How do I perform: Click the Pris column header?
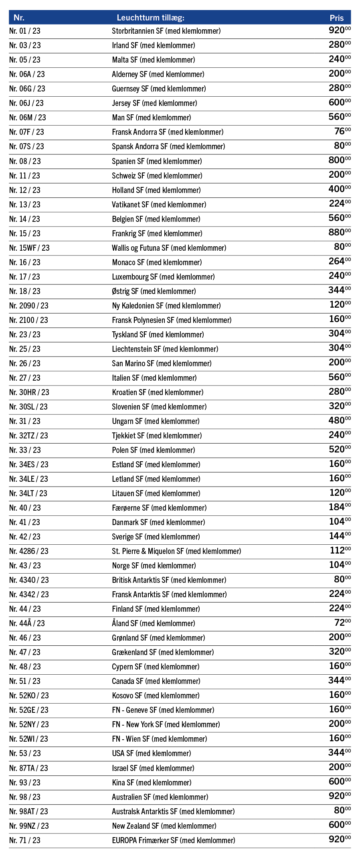(x=337, y=18)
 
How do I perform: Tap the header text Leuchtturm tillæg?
(x=150, y=18)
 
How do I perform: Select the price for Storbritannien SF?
(x=339, y=30)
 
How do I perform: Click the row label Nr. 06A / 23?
(x=27, y=74)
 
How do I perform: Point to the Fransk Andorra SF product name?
(x=168, y=132)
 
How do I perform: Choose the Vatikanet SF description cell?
(x=159, y=205)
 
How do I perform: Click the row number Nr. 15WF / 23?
(x=29, y=248)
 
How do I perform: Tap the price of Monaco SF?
(x=339, y=262)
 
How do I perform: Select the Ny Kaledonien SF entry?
(x=166, y=306)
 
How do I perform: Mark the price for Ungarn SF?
(x=339, y=421)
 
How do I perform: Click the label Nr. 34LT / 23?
(x=28, y=493)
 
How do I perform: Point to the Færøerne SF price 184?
(x=339, y=507)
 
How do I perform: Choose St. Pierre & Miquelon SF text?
(x=176, y=551)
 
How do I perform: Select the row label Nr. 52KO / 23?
(x=28, y=696)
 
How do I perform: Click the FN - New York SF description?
(x=166, y=724)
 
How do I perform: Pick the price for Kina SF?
(x=339, y=782)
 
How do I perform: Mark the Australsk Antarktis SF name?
(x=173, y=811)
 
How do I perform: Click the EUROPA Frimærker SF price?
(x=339, y=840)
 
